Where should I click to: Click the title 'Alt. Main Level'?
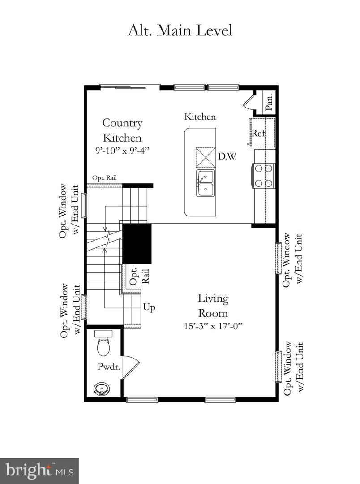[x=180, y=30]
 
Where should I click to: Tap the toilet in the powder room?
[x=103, y=343]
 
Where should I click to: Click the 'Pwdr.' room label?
[x=107, y=366]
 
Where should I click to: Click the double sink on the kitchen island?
[x=206, y=183]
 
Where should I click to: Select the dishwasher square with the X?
[x=206, y=157]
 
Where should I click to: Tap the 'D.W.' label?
[x=227, y=157]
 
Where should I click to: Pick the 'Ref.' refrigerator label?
[x=259, y=133]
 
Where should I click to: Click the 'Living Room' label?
[x=213, y=305]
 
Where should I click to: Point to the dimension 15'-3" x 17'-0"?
[x=213, y=326]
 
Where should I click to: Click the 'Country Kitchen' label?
[x=122, y=130]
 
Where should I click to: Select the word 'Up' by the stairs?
[x=149, y=307]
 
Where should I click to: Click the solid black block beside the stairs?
[x=137, y=244]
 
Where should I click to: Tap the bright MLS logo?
[x=39, y=471]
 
